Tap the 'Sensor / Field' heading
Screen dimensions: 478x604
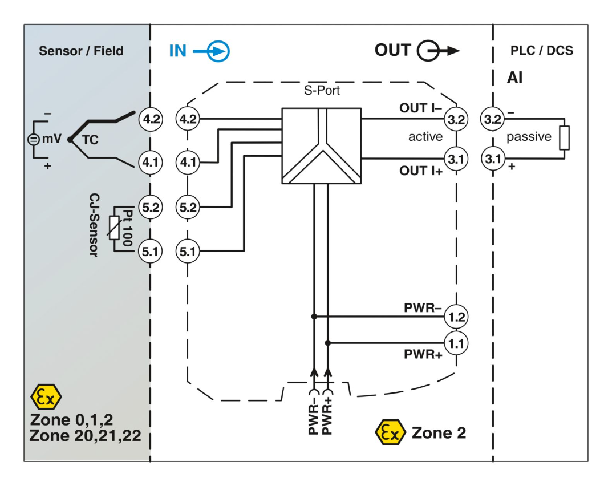(x=81, y=51)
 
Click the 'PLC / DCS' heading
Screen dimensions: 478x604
(x=541, y=51)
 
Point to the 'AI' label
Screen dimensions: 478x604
(x=514, y=78)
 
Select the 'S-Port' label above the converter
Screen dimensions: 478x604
(x=321, y=90)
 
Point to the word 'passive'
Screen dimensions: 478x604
(x=529, y=137)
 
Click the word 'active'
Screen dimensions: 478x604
(x=425, y=137)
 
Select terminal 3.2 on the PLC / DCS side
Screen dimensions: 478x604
(x=491, y=119)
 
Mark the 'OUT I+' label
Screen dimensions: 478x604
(x=423, y=171)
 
